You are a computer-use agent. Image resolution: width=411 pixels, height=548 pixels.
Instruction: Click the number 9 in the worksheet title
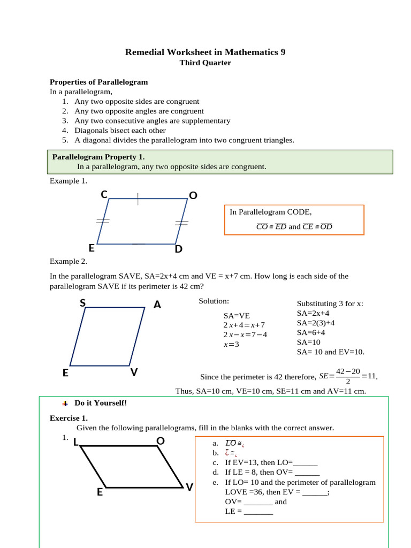tap(283, 52)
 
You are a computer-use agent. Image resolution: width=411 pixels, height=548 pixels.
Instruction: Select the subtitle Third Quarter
tap(205, 63)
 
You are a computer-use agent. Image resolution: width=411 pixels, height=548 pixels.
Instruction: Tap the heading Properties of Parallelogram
tap(98, 82)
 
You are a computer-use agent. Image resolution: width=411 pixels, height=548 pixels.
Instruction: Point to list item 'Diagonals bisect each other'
tap(120, 130)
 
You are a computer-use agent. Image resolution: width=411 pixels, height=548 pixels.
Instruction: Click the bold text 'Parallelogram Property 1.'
tap(98, 157)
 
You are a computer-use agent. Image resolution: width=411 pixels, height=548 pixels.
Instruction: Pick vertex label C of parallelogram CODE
tap(104, 195)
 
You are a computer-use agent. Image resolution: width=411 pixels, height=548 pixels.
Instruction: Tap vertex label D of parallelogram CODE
tap(179, 249)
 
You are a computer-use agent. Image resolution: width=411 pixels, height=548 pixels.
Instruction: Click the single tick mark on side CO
tap(138, 199)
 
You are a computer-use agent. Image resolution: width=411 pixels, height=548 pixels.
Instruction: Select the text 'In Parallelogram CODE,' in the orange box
tap(270, 212)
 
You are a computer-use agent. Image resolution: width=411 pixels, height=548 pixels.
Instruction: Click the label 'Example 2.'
tap(68, 261)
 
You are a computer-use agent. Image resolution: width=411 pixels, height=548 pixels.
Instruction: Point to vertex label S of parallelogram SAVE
tap(82, 303)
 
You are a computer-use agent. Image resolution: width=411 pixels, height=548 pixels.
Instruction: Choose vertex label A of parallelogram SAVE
tap(157, 305)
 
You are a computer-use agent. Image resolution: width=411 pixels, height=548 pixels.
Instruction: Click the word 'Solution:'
tap(214, 301)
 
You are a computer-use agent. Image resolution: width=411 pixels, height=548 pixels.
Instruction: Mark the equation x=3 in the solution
tap(231, 344)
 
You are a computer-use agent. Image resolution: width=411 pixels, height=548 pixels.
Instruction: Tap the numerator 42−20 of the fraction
tap(348, 371)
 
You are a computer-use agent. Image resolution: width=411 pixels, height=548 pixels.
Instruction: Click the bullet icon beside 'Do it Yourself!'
tap(64, 403)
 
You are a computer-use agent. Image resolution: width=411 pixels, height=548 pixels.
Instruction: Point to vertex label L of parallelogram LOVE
tap(75, 442)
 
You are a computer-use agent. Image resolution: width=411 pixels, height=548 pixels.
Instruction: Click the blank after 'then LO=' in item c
tap(306, 463)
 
